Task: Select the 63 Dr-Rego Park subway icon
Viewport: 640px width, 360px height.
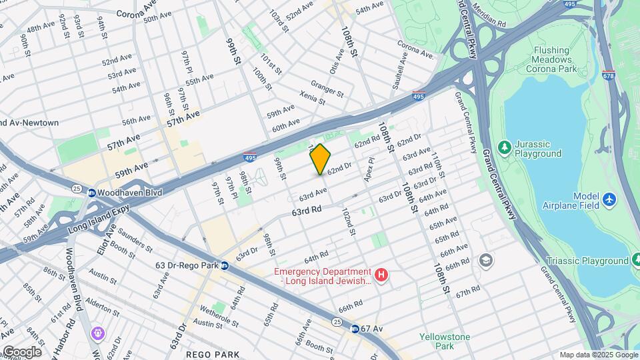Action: [x=225, y=265]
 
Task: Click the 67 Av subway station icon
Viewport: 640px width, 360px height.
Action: [x=355, y=329]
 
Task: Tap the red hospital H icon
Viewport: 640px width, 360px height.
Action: [x=381, y=275]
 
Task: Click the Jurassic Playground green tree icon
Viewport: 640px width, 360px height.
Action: [x=505, y=146]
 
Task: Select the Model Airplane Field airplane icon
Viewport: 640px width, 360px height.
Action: [x=609, y=199]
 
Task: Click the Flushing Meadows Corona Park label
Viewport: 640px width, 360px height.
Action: [x=551, y=59]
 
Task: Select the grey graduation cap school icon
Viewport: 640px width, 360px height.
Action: [x=487, y=259]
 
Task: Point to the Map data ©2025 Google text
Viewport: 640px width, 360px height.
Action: [x=598, y=355]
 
